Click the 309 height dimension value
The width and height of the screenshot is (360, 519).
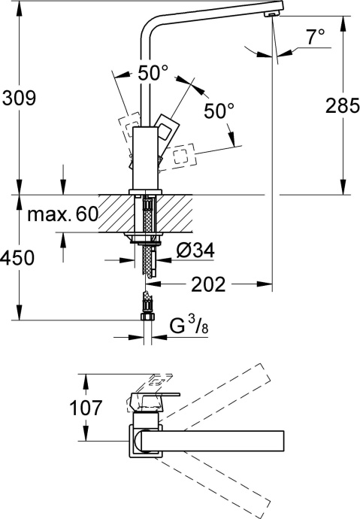20,98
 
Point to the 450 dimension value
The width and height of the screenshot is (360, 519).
17,258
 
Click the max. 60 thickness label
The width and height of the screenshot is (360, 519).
63,214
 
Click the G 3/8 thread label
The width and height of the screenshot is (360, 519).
187,328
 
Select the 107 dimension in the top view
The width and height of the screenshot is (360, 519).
101,408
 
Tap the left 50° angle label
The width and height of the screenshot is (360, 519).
153,74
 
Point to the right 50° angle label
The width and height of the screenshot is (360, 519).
219,111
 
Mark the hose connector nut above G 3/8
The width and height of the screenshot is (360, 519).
147,308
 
